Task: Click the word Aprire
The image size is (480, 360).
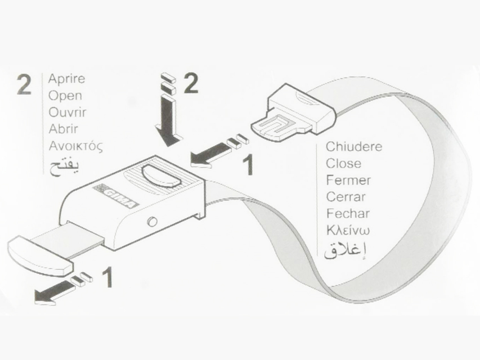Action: click(x=67, y=79)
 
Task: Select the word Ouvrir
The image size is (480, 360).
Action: click(x=68, y=112)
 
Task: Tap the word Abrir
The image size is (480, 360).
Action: click(x=64, y=129)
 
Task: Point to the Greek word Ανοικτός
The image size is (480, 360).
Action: click(x=75, y=146)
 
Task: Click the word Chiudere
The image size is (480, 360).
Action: click(x=354, y=147)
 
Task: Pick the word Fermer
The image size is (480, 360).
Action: click(x=348, y=180)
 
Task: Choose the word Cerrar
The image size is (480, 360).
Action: click(x=346, y=196)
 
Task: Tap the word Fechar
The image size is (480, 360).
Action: click(x=348, y=213)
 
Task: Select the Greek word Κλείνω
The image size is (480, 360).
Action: click(x=348, y=230)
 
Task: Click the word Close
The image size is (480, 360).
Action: click(x=343, y=164)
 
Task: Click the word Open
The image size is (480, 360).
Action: click(x=65, y=96)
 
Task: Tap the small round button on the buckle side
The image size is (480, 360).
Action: click(x=152, y=222)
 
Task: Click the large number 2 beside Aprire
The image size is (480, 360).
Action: click(x=24, y=84)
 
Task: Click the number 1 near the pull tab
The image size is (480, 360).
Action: click(x=107, y=277)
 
